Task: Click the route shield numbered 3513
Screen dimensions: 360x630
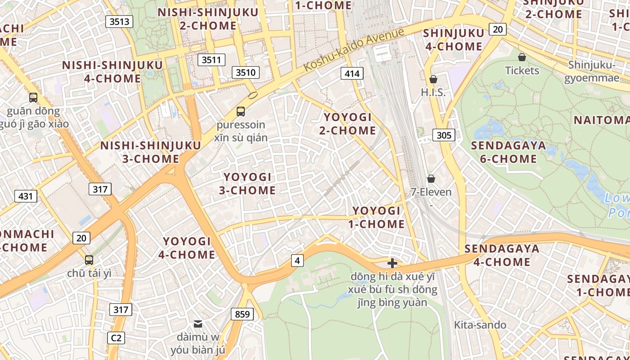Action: (119, 21)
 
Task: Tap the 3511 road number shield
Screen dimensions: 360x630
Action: (211, 59)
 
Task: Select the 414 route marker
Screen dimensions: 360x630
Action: (351, 73)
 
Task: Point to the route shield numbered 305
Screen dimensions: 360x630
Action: (444, 135)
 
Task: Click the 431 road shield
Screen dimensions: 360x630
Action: (26, 196)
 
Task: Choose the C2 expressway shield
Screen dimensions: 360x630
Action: (116, 337)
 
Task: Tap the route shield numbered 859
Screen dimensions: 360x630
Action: (242, 314)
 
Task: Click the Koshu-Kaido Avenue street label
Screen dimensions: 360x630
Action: (354, 49)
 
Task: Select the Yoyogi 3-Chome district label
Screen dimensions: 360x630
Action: (247, 184)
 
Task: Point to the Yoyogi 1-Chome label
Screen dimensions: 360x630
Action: (376, 217)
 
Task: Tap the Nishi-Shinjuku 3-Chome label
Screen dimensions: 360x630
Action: (150, 152)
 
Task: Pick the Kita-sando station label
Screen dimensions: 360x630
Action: (480, 325)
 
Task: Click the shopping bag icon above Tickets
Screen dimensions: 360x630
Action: (522, 57)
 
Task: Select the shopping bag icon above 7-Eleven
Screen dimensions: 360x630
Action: (431, 179)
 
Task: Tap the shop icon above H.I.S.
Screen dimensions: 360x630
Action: (433, 79)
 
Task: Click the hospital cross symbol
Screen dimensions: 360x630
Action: (392, 263)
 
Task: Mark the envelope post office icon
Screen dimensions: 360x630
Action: (198, 324)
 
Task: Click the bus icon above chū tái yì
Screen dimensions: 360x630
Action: (89, 260)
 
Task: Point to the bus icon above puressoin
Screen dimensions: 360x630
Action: (241, 111)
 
